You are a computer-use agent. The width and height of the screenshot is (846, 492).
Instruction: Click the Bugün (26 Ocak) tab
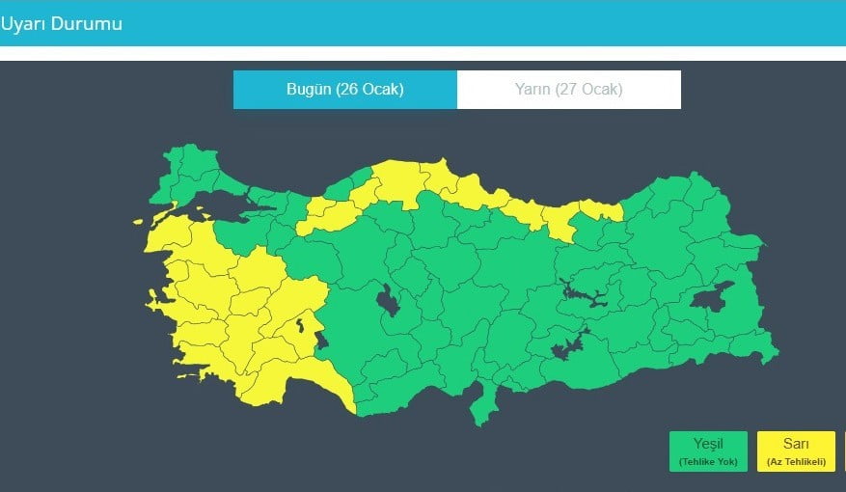[344, 90]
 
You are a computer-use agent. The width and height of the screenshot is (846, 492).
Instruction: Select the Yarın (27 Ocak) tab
[568, 90]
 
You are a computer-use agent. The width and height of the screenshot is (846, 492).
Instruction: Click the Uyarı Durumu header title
[61, 23]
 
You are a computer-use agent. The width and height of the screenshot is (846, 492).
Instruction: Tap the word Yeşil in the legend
[707, 444]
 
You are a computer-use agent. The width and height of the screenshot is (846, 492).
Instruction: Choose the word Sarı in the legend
[795, 444]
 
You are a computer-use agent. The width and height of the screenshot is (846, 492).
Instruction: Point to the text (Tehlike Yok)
[707, 462]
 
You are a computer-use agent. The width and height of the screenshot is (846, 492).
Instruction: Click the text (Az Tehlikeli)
[795, 462]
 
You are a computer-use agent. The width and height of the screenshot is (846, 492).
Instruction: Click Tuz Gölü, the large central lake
[390, 301]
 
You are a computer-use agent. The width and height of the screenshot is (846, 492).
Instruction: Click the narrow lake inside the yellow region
[302, 326]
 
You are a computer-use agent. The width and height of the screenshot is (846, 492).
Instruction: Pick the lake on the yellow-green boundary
[321, 339]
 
